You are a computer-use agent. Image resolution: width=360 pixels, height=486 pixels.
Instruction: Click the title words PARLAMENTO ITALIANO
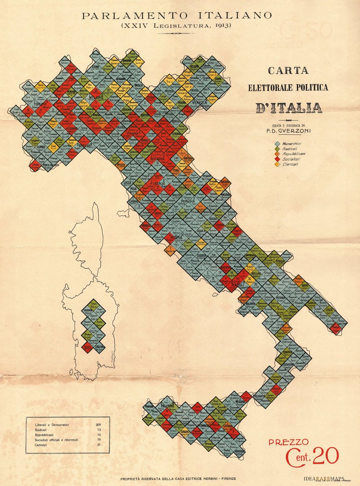coord(176,16)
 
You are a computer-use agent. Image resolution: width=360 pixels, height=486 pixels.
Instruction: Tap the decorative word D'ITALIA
coord(289,108)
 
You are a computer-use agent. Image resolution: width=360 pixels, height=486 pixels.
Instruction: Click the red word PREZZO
coord(288,442)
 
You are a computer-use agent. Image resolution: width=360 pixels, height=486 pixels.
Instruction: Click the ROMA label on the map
coord(177,238)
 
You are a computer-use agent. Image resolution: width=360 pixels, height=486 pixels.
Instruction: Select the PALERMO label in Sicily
coord(167,405)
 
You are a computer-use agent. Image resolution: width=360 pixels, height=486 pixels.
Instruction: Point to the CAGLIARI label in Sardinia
coord(100,347)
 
